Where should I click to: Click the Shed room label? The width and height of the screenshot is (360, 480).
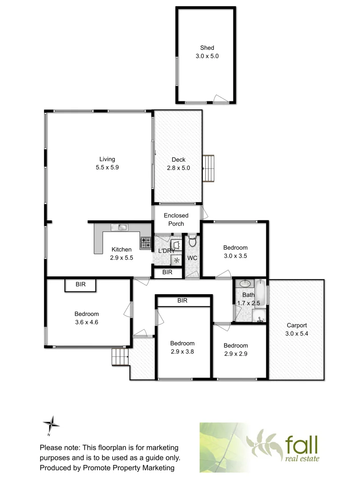point(207,48)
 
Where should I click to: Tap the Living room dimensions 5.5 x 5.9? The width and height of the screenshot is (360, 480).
point(107,168)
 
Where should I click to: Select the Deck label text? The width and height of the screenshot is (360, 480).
point(178,160)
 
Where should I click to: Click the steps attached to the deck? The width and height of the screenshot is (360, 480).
point(208,168)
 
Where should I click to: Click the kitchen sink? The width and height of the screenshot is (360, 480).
point(120,228)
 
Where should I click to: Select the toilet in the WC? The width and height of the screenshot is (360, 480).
point(192,241)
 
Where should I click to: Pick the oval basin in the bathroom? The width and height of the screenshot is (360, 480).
point(245,284)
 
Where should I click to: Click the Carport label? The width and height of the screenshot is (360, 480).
point(296,325)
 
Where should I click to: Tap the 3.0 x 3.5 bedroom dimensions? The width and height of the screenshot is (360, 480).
point(235,256)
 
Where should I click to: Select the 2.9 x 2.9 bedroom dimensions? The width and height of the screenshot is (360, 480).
point(236,354)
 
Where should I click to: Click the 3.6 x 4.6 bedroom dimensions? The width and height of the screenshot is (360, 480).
point(87,322)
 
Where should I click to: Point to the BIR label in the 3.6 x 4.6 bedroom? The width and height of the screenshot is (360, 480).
point(80,284)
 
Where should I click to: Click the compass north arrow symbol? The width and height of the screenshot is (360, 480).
point(52,424)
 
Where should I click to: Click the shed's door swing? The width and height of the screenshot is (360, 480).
point(219,99)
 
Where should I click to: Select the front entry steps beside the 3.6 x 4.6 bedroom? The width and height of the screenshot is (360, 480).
point(120,356)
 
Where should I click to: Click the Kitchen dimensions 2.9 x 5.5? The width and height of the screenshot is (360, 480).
point(121,257)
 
